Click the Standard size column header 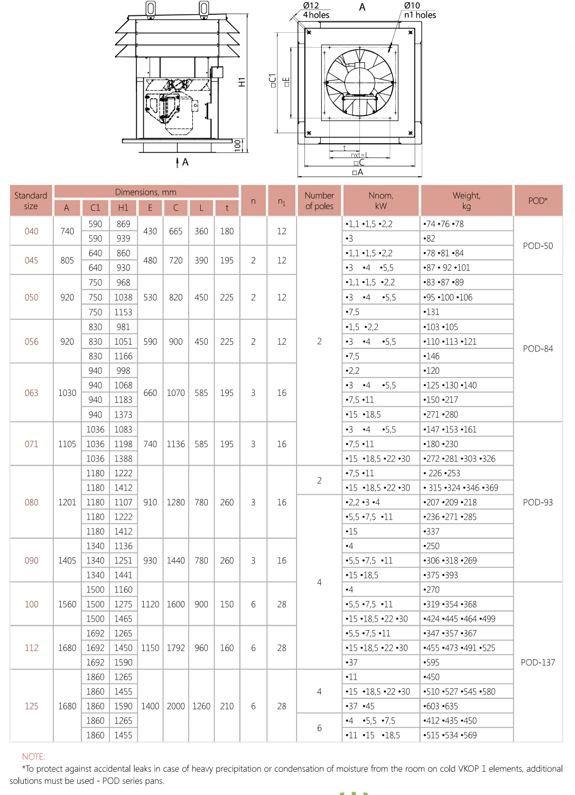point(31,200)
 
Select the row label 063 point(32,393)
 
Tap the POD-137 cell point(537,662)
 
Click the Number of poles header point(319,200)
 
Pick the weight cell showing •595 point(432,662)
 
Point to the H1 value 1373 point(123,414)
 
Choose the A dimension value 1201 point(67,502)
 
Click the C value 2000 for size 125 point(175,706)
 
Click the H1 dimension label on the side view point(242,82)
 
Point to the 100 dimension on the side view point(237,145)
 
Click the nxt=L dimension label point(359,155)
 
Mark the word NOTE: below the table point(33,756)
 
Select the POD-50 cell point(537,246)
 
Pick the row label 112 point(32,648)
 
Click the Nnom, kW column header point(381,200)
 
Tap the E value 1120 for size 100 point(150,604)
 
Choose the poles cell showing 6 point(319,728)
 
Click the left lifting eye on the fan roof point(151,8)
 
